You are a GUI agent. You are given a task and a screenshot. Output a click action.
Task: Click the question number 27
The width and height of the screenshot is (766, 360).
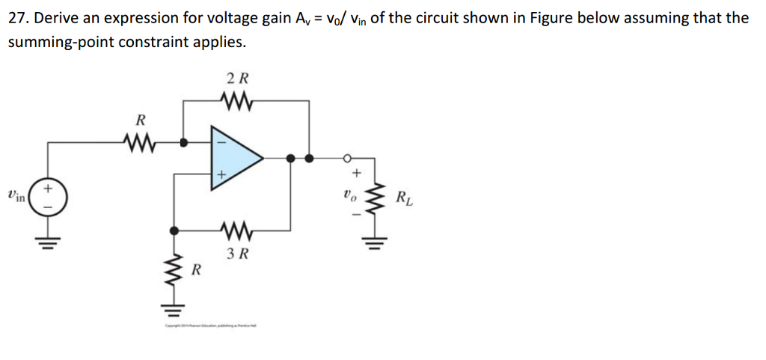19,18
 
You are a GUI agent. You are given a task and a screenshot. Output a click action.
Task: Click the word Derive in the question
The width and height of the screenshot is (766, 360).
65,18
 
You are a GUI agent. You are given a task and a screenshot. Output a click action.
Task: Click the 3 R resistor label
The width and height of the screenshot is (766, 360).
238,254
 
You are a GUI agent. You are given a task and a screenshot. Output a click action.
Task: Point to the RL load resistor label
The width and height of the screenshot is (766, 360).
402,199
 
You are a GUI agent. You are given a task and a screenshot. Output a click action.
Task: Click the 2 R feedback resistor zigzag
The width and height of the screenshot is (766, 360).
237,99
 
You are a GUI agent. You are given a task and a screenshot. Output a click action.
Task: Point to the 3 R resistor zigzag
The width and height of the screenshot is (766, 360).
238,230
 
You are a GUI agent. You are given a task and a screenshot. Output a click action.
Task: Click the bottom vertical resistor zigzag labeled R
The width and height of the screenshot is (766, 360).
176,269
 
